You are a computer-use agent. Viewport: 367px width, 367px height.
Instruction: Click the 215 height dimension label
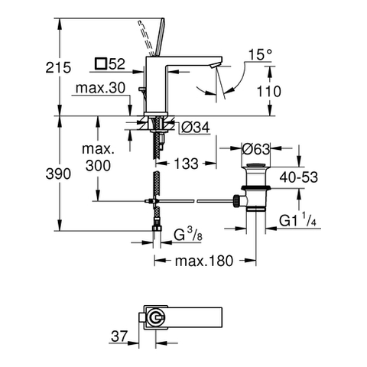pos(58,68)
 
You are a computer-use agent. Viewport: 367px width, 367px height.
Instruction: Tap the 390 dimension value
pos(58,174)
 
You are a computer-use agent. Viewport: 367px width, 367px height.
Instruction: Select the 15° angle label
pos(260,54)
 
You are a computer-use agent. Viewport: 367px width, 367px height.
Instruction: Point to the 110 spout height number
pos(268,91)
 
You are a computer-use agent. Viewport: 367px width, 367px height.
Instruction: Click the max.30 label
pos(100,88)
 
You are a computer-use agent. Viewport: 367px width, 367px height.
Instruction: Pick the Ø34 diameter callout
pos(196,127)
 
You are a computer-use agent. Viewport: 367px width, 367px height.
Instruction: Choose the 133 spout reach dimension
pos(186,164)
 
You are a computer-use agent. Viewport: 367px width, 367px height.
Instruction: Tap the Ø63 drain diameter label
pos(255,149)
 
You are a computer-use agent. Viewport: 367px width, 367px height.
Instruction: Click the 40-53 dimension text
pos(299,177)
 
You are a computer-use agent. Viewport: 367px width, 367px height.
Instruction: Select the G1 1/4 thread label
pos(297,219)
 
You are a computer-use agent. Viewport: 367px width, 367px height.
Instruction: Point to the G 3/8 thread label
pos(188,235)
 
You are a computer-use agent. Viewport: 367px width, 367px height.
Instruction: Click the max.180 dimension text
pos(204,261)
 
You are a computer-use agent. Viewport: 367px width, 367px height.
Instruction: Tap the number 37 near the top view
pos(119,336)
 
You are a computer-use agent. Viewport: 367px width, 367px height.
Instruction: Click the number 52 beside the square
pos(117,63)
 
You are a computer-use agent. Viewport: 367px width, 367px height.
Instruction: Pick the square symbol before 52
pos(100,63)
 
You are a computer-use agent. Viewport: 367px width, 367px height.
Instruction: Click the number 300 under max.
pos(98,166)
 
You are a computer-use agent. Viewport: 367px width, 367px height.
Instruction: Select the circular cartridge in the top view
pos(157,318)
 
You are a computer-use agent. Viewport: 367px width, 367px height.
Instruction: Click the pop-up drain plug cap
pos(256,165)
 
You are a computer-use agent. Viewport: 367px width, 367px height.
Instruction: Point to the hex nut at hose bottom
pos(157,228)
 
